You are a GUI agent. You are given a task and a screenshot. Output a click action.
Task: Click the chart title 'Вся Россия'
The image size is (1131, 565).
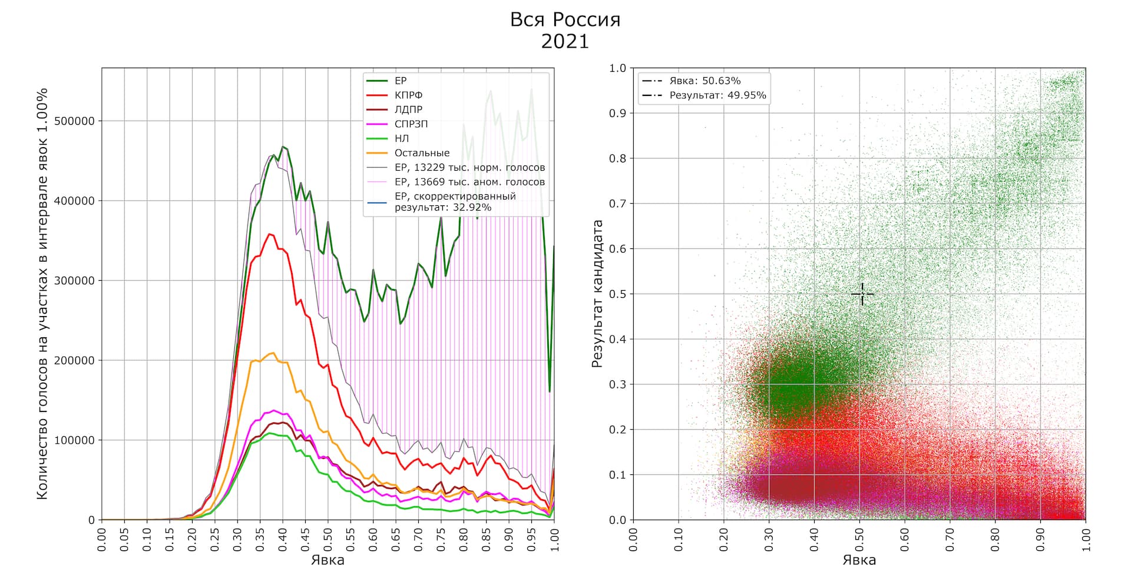click(565, 19)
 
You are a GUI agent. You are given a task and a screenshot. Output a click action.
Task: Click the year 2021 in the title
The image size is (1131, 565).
click(565, 41)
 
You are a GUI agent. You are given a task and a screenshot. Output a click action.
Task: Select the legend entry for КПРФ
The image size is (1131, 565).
click(408, 95)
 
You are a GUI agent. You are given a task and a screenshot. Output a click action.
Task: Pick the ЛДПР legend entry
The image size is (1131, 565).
click(408, 109)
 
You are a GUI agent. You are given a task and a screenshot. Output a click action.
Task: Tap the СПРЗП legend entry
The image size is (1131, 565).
click(411, 124)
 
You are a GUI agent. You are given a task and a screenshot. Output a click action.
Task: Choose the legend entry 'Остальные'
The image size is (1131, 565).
click(422, 152)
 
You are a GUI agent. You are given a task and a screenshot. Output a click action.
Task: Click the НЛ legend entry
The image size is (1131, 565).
click(401, 138)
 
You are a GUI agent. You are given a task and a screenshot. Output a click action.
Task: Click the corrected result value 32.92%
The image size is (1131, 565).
click(472, 207)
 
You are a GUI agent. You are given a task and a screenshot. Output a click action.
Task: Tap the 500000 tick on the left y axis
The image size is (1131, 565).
click(74, 121)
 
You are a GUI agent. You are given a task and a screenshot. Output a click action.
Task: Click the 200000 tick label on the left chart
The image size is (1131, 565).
click(74, 360)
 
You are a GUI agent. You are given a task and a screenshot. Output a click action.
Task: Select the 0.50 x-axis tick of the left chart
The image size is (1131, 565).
click(328, 539)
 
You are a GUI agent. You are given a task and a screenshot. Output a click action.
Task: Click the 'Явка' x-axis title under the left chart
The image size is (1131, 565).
click(328, 559)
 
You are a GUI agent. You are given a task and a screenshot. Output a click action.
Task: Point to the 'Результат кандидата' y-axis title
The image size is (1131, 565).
click(597, 294)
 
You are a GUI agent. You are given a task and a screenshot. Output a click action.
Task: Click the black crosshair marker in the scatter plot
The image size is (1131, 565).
click(862, 294)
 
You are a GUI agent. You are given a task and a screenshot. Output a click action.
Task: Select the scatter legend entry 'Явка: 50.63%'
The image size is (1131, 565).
click(705, 81)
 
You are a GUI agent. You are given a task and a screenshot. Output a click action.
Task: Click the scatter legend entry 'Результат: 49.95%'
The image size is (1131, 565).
click(717, 95)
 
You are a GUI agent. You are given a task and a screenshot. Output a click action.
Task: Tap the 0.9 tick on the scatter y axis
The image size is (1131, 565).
click(618, 113)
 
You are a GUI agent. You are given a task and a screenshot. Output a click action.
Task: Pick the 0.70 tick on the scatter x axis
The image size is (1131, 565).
click(950, 539)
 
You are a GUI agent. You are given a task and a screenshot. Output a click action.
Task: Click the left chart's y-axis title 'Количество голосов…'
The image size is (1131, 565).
click(42, 294)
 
